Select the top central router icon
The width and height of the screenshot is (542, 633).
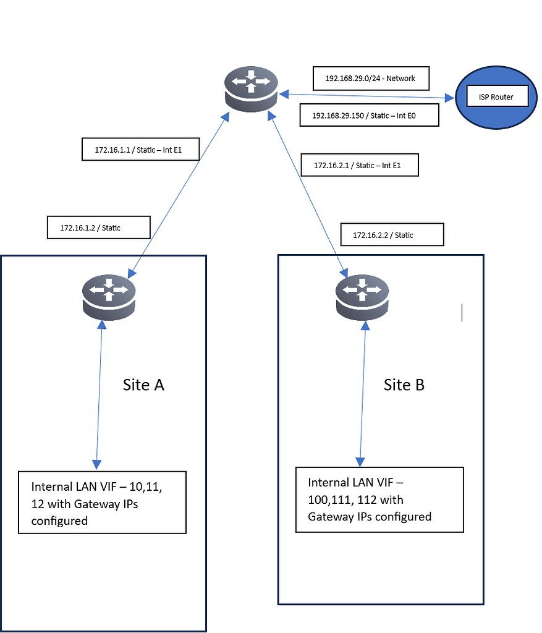pos(250,90)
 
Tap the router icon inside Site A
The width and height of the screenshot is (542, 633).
pos(108,296)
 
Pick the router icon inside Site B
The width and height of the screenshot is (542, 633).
pos(362,296)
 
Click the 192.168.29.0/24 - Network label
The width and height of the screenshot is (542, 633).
pos(370,79)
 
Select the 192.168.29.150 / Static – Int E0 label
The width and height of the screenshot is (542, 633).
pos(369,115)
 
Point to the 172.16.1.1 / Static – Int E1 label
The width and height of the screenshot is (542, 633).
pos(140,149)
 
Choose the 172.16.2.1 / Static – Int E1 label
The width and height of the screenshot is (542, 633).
pos(358,165)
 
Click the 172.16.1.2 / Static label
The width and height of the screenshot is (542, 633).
pos(99,227)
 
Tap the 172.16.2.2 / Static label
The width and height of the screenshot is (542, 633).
pos(392,235)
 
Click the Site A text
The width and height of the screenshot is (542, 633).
pos(143,384)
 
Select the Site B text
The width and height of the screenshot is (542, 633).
pos(404,384)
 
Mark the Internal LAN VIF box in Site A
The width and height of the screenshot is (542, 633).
pos(102,503)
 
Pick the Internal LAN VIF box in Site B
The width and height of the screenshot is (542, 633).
pos(379,499)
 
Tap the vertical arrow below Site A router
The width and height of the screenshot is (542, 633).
pos(99,396)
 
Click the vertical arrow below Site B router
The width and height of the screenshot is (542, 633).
pos(361,396)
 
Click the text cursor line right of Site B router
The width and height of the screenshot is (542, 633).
pos(462,313)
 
